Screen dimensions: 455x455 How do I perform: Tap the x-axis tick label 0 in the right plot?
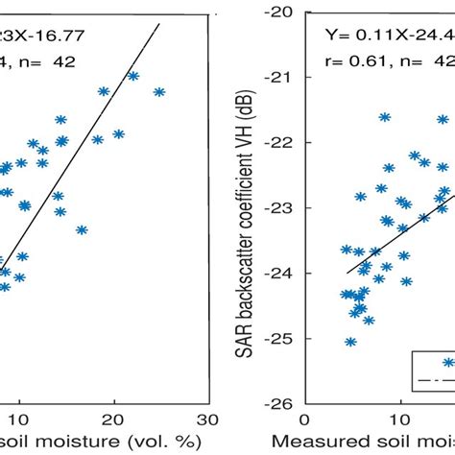pos(304,419)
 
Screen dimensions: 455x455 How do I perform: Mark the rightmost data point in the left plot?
pos(159,92)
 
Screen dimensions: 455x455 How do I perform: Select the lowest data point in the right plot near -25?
pos(351,341)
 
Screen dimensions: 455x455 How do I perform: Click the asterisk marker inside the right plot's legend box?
pos(447,362)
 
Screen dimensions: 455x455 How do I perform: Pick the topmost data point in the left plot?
pos(133,76)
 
